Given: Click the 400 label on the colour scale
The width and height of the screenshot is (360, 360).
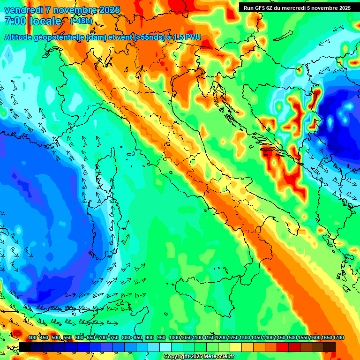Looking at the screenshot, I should (x=32, y=337).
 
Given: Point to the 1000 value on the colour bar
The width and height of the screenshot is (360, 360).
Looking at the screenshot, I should (x=174, y=337).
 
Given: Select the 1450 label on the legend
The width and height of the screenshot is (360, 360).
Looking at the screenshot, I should (x=280, y=337).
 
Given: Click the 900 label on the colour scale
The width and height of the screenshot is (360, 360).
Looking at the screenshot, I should (x=150, y=337).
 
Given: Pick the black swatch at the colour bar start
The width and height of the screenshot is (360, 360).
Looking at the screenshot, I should (x=25, y=347).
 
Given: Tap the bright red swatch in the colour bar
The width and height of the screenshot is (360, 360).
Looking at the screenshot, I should (x=283, y=347).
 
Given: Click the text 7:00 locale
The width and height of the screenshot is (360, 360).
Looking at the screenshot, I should (x=33, y=21).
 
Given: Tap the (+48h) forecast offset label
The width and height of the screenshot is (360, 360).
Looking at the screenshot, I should (x=81, y=21).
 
